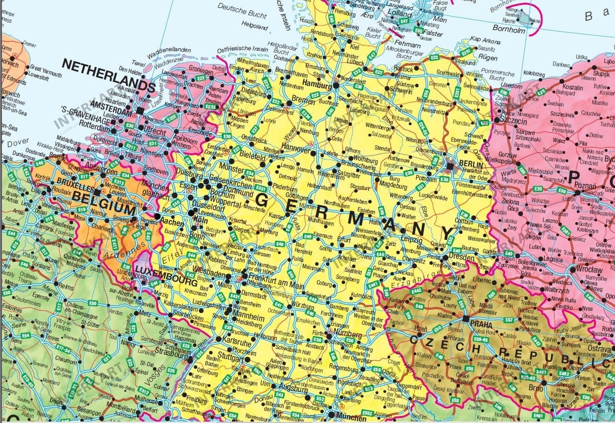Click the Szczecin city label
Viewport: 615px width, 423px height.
click(x=514, y=121)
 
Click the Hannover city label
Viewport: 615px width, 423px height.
click(x=295, y=150)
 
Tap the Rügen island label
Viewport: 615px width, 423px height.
click(x=488, y=58)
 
